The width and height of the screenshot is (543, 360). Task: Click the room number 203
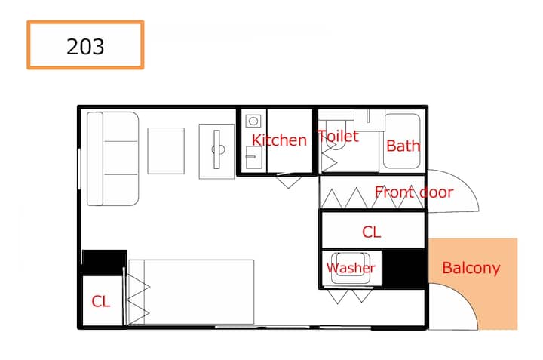tap(85, 47)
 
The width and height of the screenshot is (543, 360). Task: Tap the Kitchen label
tap(279, 140)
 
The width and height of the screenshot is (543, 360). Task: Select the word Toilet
tap(338, 136)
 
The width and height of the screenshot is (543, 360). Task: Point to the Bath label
tap(403, 146)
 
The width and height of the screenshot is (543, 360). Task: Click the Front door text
tap(414, 192)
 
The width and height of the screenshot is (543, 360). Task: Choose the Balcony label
tap(471, 268)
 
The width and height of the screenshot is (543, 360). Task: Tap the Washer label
tap(351, 268)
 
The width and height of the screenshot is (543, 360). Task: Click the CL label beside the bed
tap(101, 301)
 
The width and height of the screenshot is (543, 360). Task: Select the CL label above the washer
tap(372, 232)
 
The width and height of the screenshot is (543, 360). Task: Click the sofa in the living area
tap(112, 158)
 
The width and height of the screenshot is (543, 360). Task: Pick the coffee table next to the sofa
tap(166, 151)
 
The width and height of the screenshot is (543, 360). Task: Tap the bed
tap(191, 292)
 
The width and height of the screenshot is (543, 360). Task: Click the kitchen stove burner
tap(253, 121)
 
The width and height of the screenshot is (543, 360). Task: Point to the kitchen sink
tap(254, 157)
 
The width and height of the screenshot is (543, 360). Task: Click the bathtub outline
tap(402, 141)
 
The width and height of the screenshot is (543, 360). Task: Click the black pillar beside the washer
tap(403, 268)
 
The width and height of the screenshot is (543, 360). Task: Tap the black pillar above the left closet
tap(104, 262)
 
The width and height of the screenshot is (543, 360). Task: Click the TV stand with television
tap(216, 152)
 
